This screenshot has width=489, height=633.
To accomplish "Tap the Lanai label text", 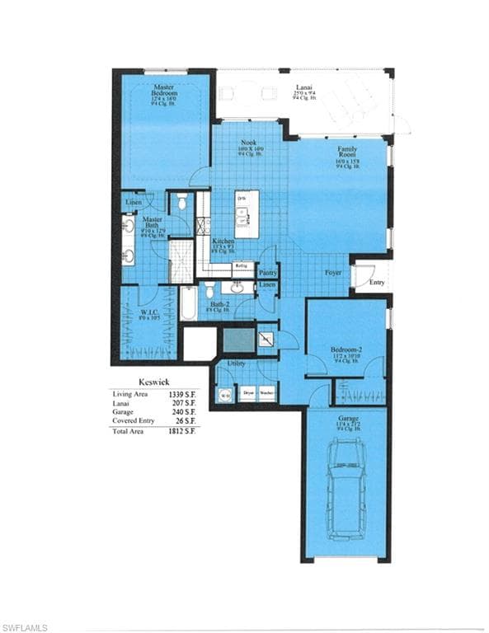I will [x=304, y=87].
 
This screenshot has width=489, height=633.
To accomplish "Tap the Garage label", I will [x=346, y=419].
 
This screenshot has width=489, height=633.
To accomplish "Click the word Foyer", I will [x=332, y=272].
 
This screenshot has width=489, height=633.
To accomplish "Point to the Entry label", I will [x=376, y=282].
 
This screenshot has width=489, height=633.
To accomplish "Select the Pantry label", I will [x=267, y=272].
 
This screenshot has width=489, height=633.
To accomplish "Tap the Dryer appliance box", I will [x=247, y=394].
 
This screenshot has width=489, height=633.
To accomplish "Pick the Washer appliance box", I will [x=266, y=394].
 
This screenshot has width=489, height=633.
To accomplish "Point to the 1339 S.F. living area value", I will [x=183, y=395].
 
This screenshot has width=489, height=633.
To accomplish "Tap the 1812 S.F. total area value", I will [x=183, y=431].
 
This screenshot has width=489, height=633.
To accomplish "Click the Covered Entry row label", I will [x=132, y=421].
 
